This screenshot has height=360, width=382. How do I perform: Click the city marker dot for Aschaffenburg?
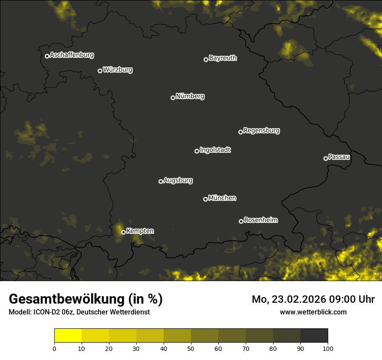point(47,56)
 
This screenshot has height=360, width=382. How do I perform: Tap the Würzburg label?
point(118,70)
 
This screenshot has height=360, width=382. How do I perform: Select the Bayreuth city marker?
point(206,59)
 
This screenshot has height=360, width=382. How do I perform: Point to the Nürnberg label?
point(190,96)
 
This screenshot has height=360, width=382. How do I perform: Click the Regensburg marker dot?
point(240,132)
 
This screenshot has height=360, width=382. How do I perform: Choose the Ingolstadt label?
point(215,150)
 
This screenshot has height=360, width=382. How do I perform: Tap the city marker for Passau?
point(326,158)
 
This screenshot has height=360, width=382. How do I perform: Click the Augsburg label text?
point(178,180)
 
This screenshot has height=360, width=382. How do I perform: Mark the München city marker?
point(205,199)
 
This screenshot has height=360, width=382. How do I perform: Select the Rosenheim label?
point(261,220)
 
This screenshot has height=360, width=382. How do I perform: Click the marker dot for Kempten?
point(123,232)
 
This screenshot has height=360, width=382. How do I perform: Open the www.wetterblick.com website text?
point(313,312)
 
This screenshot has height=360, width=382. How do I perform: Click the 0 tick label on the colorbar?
point(54,348)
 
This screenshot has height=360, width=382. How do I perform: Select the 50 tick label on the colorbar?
point(191,348)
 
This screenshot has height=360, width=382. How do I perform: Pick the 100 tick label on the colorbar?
point(328,348)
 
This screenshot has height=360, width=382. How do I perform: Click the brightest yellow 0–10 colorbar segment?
point(68,336)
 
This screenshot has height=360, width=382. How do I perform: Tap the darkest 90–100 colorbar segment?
point(314,336)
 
